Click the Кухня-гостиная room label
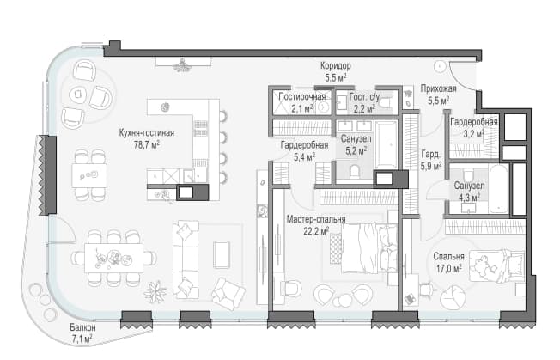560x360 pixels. click(146, 133)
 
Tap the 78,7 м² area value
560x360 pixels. click(146, 145)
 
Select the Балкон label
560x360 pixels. click(82, 327)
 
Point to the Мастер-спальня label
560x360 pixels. click(316, 219)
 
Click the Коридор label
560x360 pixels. click(335, 65)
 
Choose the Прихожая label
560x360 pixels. click(438, 88)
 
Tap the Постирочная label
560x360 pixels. click(301, 96)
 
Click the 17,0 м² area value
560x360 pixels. click(448, 268)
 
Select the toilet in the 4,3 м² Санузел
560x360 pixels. click(468, 175)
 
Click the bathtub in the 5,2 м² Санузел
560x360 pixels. click(386, 144)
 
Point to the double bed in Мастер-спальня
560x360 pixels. click(369, 247)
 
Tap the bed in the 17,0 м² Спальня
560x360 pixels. click(496, 265)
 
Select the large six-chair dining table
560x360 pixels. click(113, 259)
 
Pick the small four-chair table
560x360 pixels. click(89, 175)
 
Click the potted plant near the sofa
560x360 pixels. click(155, 292)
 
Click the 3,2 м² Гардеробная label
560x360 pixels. click(473, 127)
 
